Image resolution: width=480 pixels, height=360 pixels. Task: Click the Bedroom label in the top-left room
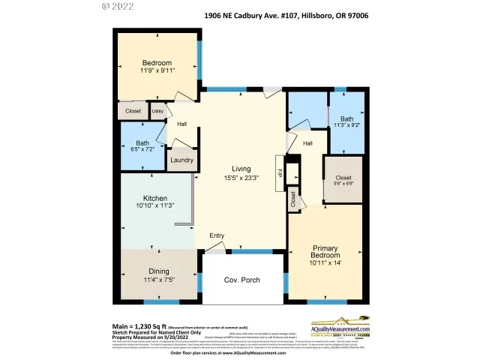157,63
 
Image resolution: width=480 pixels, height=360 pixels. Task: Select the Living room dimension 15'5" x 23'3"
240,178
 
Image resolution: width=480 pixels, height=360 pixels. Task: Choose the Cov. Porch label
242,280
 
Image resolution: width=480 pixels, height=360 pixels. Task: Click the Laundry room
181,160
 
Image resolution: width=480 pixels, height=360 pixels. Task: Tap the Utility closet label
157,111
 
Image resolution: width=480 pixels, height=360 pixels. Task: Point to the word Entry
217,236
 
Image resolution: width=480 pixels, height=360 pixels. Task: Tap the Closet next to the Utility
133,111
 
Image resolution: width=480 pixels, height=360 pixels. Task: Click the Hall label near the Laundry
181,124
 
